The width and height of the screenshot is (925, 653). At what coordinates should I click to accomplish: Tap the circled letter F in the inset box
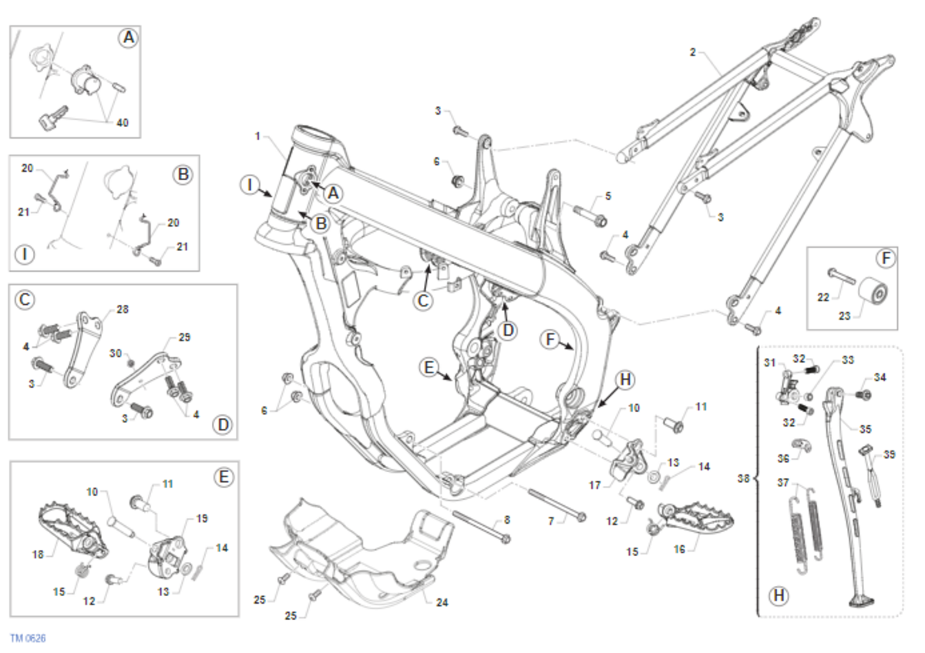pyautogui.click(x=886, y=259)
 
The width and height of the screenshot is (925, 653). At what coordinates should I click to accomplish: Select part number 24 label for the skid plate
pyautogui.click(x=442, y=603)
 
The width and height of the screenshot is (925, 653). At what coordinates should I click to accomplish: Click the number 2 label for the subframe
pyautogui.click(x=692, y=52)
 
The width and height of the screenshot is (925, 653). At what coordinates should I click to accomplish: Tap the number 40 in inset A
pyautogui.click(x=122, y=122)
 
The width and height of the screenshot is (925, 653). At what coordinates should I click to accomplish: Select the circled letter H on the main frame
pyautogui.click(x=625, y=379)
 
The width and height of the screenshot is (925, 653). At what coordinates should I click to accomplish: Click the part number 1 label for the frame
pyautogui.click(x=258, y=136)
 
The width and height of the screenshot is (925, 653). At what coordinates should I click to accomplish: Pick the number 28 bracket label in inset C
pyautogui.click(x=122, y=309)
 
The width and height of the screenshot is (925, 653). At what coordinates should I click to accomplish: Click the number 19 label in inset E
pyautogui.click(x=203, y=519)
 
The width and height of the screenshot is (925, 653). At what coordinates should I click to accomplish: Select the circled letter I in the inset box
pyautogui.click(x=26, y=254)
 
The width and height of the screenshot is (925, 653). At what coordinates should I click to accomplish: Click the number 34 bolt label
pyautogui.click(x=880, y=377)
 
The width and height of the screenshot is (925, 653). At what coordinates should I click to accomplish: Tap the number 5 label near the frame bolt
pyautogui.click(x=607, y=196)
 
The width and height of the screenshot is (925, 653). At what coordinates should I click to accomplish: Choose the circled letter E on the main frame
pyautogui.click(x=429, y=367)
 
